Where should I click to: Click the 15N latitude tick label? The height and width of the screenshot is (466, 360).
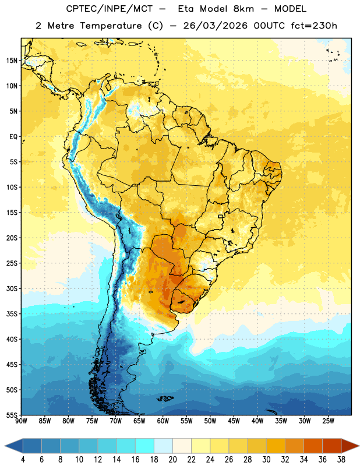[12, 61]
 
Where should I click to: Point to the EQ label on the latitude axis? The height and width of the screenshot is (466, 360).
[13, 137]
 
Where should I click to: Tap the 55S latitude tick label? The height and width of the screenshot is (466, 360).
[12, 415]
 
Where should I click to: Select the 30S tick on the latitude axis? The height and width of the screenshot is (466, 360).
[12, 288]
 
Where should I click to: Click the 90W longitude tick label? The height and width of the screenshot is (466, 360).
[21, 421]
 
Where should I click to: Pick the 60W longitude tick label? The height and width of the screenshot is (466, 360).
[163, 421]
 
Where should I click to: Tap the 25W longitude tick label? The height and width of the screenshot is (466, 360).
[328, 421]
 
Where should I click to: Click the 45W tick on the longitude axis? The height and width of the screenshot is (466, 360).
[234, 421]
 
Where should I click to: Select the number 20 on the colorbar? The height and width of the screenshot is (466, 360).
[172, 460]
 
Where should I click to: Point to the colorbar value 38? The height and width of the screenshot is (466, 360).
[341, 460]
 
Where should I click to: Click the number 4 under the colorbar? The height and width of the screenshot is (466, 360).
[23, 460]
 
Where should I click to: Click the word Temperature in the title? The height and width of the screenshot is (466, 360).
[111, 26]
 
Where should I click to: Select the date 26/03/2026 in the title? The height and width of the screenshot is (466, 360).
[215, 26]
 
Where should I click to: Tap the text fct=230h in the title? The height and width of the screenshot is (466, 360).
[314, 26]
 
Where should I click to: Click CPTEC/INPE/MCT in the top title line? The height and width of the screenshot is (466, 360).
[110, 9]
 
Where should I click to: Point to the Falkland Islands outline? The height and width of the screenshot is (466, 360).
[165, 398]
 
